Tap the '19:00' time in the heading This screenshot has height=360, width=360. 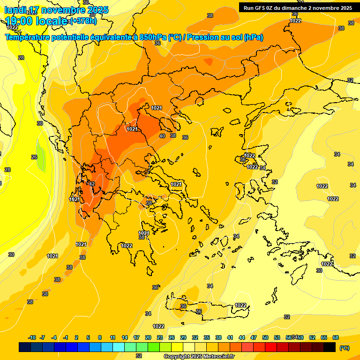[19, 21]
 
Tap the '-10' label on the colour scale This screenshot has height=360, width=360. [32, 337]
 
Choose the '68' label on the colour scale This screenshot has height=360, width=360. [336, 337]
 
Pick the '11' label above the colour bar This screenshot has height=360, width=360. [113, 337]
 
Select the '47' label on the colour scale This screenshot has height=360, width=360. [254, 337]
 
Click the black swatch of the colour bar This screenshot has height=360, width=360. [330, 347]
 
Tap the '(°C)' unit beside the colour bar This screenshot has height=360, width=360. [345, 348]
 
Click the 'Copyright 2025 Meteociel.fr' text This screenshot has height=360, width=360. [199, 357]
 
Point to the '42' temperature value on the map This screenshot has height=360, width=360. [92, 184]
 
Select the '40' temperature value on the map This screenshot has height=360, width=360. [162, 136]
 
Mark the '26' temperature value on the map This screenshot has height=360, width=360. [34, 157]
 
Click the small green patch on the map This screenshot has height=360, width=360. [41, 160]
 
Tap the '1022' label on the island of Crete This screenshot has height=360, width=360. [240, 305]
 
